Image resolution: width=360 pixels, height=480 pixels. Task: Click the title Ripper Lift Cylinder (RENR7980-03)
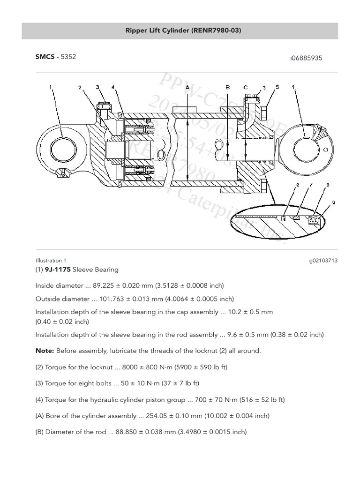click(x=180, y=30)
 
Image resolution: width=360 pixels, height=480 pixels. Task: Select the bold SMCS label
click(x=44, y=57)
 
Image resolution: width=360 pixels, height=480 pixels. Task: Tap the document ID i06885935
click(x=306, y=58)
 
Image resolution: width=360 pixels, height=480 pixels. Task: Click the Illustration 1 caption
click(x=51, y=261)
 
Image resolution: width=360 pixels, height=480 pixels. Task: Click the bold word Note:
click(x=45, y=351)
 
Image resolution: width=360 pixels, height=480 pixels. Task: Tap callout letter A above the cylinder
click(x=187, y=87)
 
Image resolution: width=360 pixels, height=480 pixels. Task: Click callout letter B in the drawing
click(x=227, y=87)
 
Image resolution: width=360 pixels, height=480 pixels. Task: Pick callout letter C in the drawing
click(x=245, y=87)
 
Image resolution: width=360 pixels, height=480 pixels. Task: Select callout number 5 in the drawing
click(x=277, y=87)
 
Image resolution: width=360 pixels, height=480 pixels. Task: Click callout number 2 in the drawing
click(x=80, y=88)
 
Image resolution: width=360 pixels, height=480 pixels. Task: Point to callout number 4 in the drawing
click(x=113, y=87)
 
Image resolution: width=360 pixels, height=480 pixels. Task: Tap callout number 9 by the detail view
click(x=333, y=202)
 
